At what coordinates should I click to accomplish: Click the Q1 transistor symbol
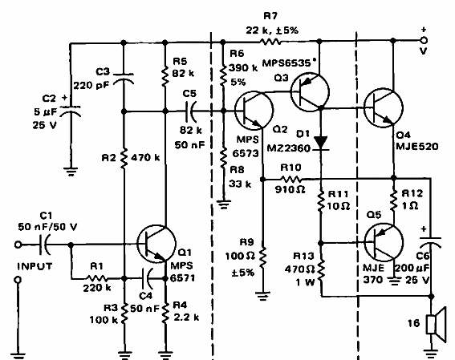(x=153, y=241)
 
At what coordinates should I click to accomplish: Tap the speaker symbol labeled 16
(x=432, y=324)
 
